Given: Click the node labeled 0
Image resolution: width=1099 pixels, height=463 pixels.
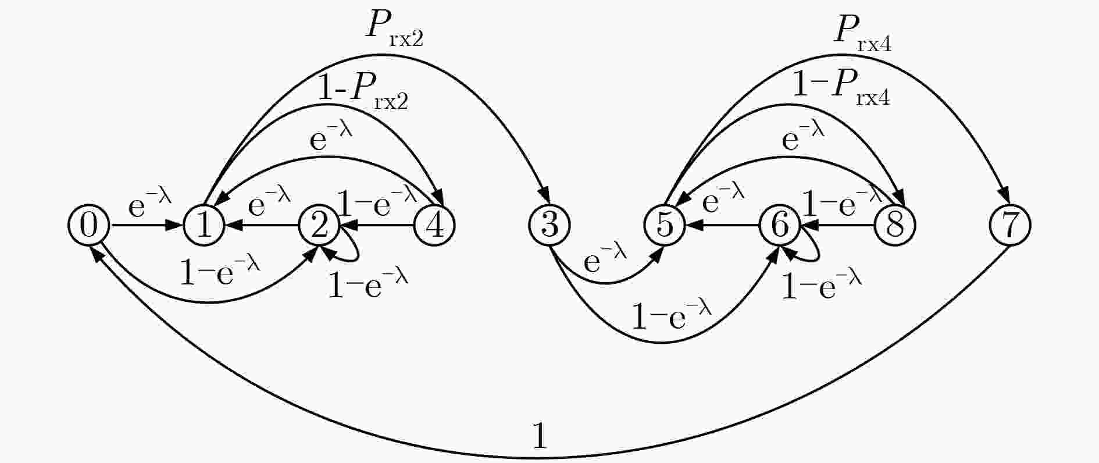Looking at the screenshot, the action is (x=88, y=225).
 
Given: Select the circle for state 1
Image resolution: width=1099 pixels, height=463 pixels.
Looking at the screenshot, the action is (x=204, y=225).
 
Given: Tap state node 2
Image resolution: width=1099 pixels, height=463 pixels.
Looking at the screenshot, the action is (x=319, y=225).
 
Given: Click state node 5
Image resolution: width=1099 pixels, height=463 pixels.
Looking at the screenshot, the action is (x=665, y=225).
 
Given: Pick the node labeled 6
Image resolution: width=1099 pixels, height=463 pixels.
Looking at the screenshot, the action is (x=780, y=225).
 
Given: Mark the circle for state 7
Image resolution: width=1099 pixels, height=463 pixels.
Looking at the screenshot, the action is (x=1011, y=225).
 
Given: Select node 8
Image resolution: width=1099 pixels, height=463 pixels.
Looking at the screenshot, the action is (x=895, y=225).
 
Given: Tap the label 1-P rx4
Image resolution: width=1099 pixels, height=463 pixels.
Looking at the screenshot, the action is (x=841, y=89).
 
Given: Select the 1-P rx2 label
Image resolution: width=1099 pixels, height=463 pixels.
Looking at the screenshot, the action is (x=363, y=93).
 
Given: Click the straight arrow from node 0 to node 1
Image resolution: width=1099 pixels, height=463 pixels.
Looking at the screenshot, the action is (x=146, y=225).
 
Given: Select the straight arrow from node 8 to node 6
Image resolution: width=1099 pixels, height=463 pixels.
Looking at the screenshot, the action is (x=838, y=225).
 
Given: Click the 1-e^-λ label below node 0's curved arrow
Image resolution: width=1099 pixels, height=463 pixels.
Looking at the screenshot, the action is (x=220, y=270).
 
